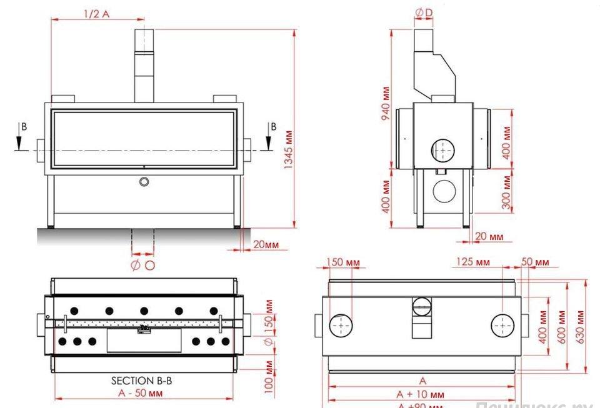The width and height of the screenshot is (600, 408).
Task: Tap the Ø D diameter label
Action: (424, 12)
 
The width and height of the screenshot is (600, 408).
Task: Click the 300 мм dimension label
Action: (507, 192)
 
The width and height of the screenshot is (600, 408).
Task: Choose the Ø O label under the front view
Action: (142, 266)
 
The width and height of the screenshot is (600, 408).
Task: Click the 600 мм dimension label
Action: (560, 327)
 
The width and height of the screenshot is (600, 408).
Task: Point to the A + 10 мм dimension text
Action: (420, 394)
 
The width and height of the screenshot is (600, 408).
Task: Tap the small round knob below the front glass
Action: (144, 181)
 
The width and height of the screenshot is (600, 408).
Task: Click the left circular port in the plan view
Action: (341, 326)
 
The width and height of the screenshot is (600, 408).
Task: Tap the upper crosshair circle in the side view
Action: (444, 150)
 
